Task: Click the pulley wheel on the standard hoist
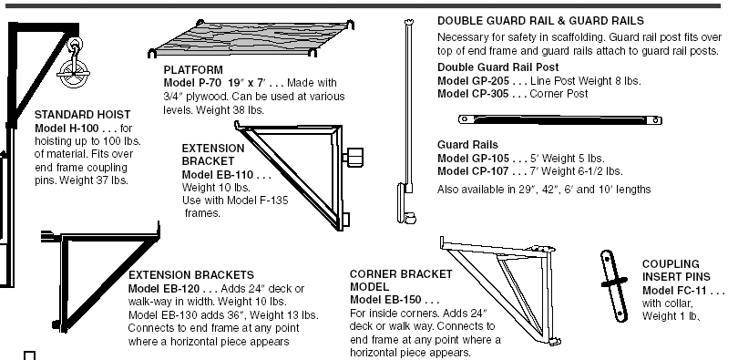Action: pyautogui.click(x=73, y=75)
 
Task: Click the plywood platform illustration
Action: pyautogui.click(x=251, y=38)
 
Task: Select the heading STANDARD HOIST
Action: pyautogui.click(x=82, y=114)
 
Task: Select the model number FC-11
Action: pyautogui.click(x=692, y=291)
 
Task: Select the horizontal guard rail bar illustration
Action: pyautogui.click(x=560, y=120)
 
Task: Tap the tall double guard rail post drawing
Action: pyautogui.click(x=407, y=121)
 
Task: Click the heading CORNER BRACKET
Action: pyautogui.click(x=401, y=274)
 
